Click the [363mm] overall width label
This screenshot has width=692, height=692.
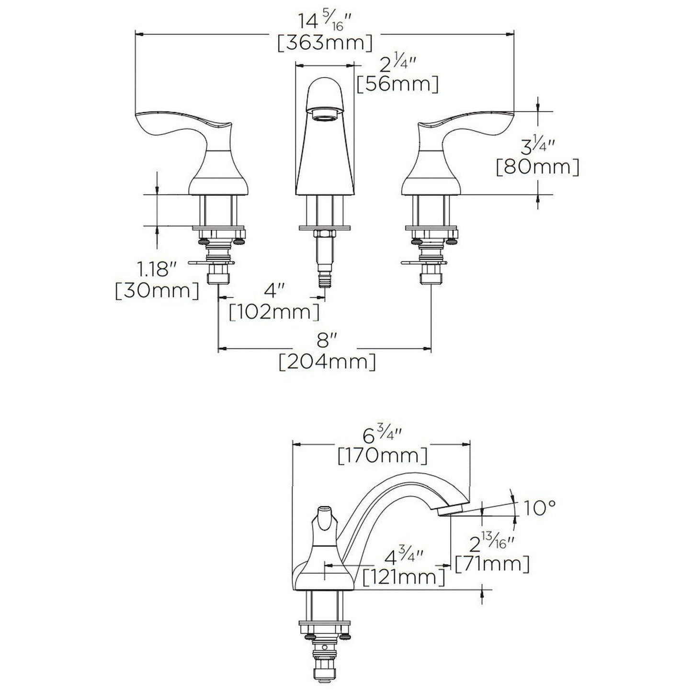coord(325,43)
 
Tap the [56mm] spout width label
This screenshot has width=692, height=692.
coord(397,84)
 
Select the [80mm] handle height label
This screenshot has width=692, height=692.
coord(538,167)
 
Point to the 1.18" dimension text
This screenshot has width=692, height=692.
coord(154,270)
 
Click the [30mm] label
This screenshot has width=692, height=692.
coord(157,291)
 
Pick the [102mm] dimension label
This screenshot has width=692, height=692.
coord(274,312)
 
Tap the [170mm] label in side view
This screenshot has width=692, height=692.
coord(382,455)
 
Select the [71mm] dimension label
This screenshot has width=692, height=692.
coord(493,564)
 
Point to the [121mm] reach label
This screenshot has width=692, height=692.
coord(404,576)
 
